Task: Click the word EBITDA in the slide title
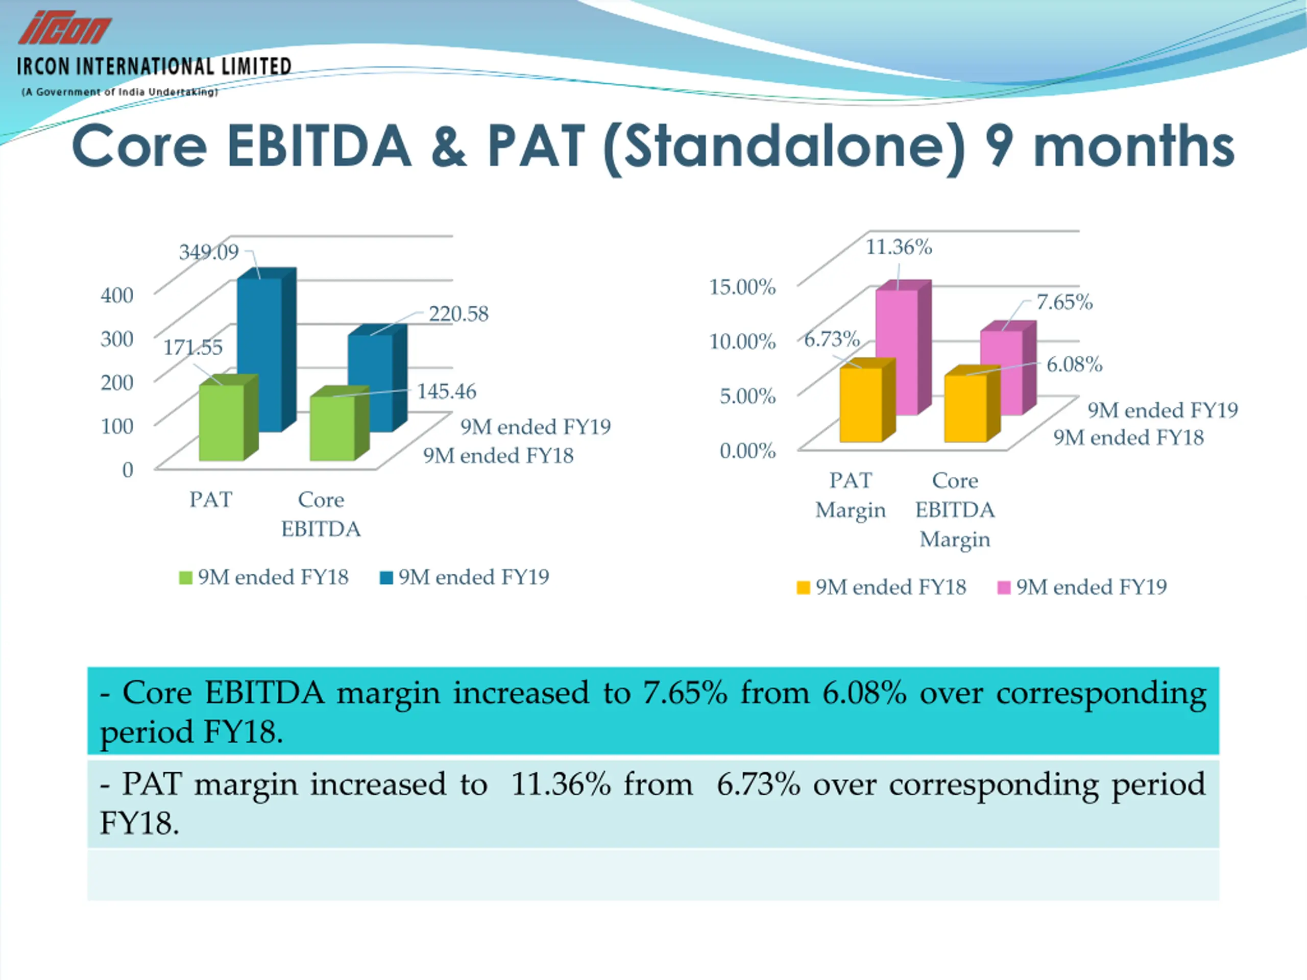coord(319,146)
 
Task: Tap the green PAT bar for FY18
coord(222,422)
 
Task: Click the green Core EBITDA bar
coord(332,428)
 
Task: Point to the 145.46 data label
coord(446,391)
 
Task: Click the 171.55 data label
coord(192,348)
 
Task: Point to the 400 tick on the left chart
coord(117,295)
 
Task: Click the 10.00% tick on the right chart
coord(742,341)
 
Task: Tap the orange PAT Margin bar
coord(861,405)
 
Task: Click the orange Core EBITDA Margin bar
coord(965,408)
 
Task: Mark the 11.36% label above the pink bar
coord(899,247)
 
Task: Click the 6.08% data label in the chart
coord(1074,364)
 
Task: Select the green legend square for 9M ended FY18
coord(185,578)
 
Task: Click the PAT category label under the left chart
coord(210,500)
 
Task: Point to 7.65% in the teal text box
coord(685,693)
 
